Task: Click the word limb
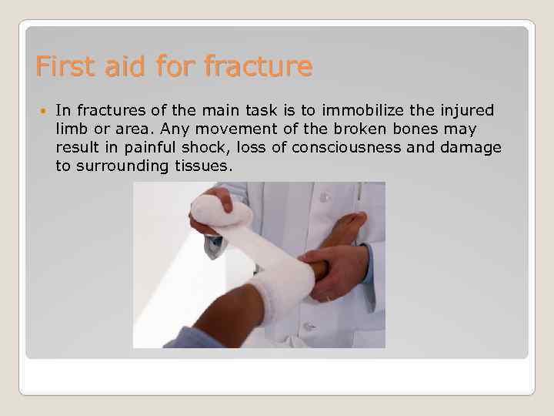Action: [x=71, y=129]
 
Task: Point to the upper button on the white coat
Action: [x=325, y=198]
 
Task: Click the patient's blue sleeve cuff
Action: [x=192, y=337]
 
